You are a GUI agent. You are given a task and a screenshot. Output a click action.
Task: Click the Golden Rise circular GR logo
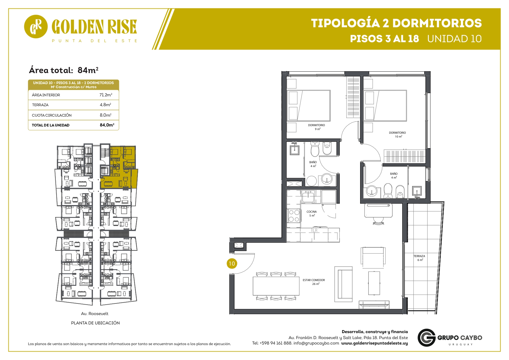(36, 26)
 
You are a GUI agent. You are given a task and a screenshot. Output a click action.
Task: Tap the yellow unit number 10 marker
(232, 263)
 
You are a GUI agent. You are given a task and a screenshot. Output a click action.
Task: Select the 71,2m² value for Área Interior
(106, 95)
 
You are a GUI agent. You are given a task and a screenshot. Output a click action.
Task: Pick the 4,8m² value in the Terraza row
(105, 105)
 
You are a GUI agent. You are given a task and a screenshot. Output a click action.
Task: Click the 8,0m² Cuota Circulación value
(106, 115)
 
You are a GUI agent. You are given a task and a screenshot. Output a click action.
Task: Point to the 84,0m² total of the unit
(107, 125)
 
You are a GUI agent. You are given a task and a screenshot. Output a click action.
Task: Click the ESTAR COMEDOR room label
(314, 282)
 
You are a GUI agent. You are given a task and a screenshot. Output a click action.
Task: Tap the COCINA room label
(312, 214)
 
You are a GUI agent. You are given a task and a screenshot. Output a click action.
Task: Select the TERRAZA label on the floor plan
(419, 258)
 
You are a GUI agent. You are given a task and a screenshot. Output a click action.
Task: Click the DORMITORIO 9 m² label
(317, 127)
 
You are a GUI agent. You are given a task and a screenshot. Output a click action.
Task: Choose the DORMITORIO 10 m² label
(398, 135)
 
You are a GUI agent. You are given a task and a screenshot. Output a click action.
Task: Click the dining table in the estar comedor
(276, 286)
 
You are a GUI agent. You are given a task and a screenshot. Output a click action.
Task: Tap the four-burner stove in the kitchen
(294, 216)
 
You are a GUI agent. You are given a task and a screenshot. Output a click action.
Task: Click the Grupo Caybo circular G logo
(427, 338)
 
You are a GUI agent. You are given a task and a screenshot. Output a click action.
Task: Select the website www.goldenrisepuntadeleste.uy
(374, 343)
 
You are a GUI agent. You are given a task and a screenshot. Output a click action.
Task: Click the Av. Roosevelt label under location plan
(95, 314)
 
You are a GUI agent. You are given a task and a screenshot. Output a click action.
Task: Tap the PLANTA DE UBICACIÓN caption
(95, 323)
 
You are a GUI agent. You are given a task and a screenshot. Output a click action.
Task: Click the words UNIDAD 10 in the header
(454, 39)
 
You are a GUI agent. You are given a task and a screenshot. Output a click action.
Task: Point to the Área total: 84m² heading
(64, 70)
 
